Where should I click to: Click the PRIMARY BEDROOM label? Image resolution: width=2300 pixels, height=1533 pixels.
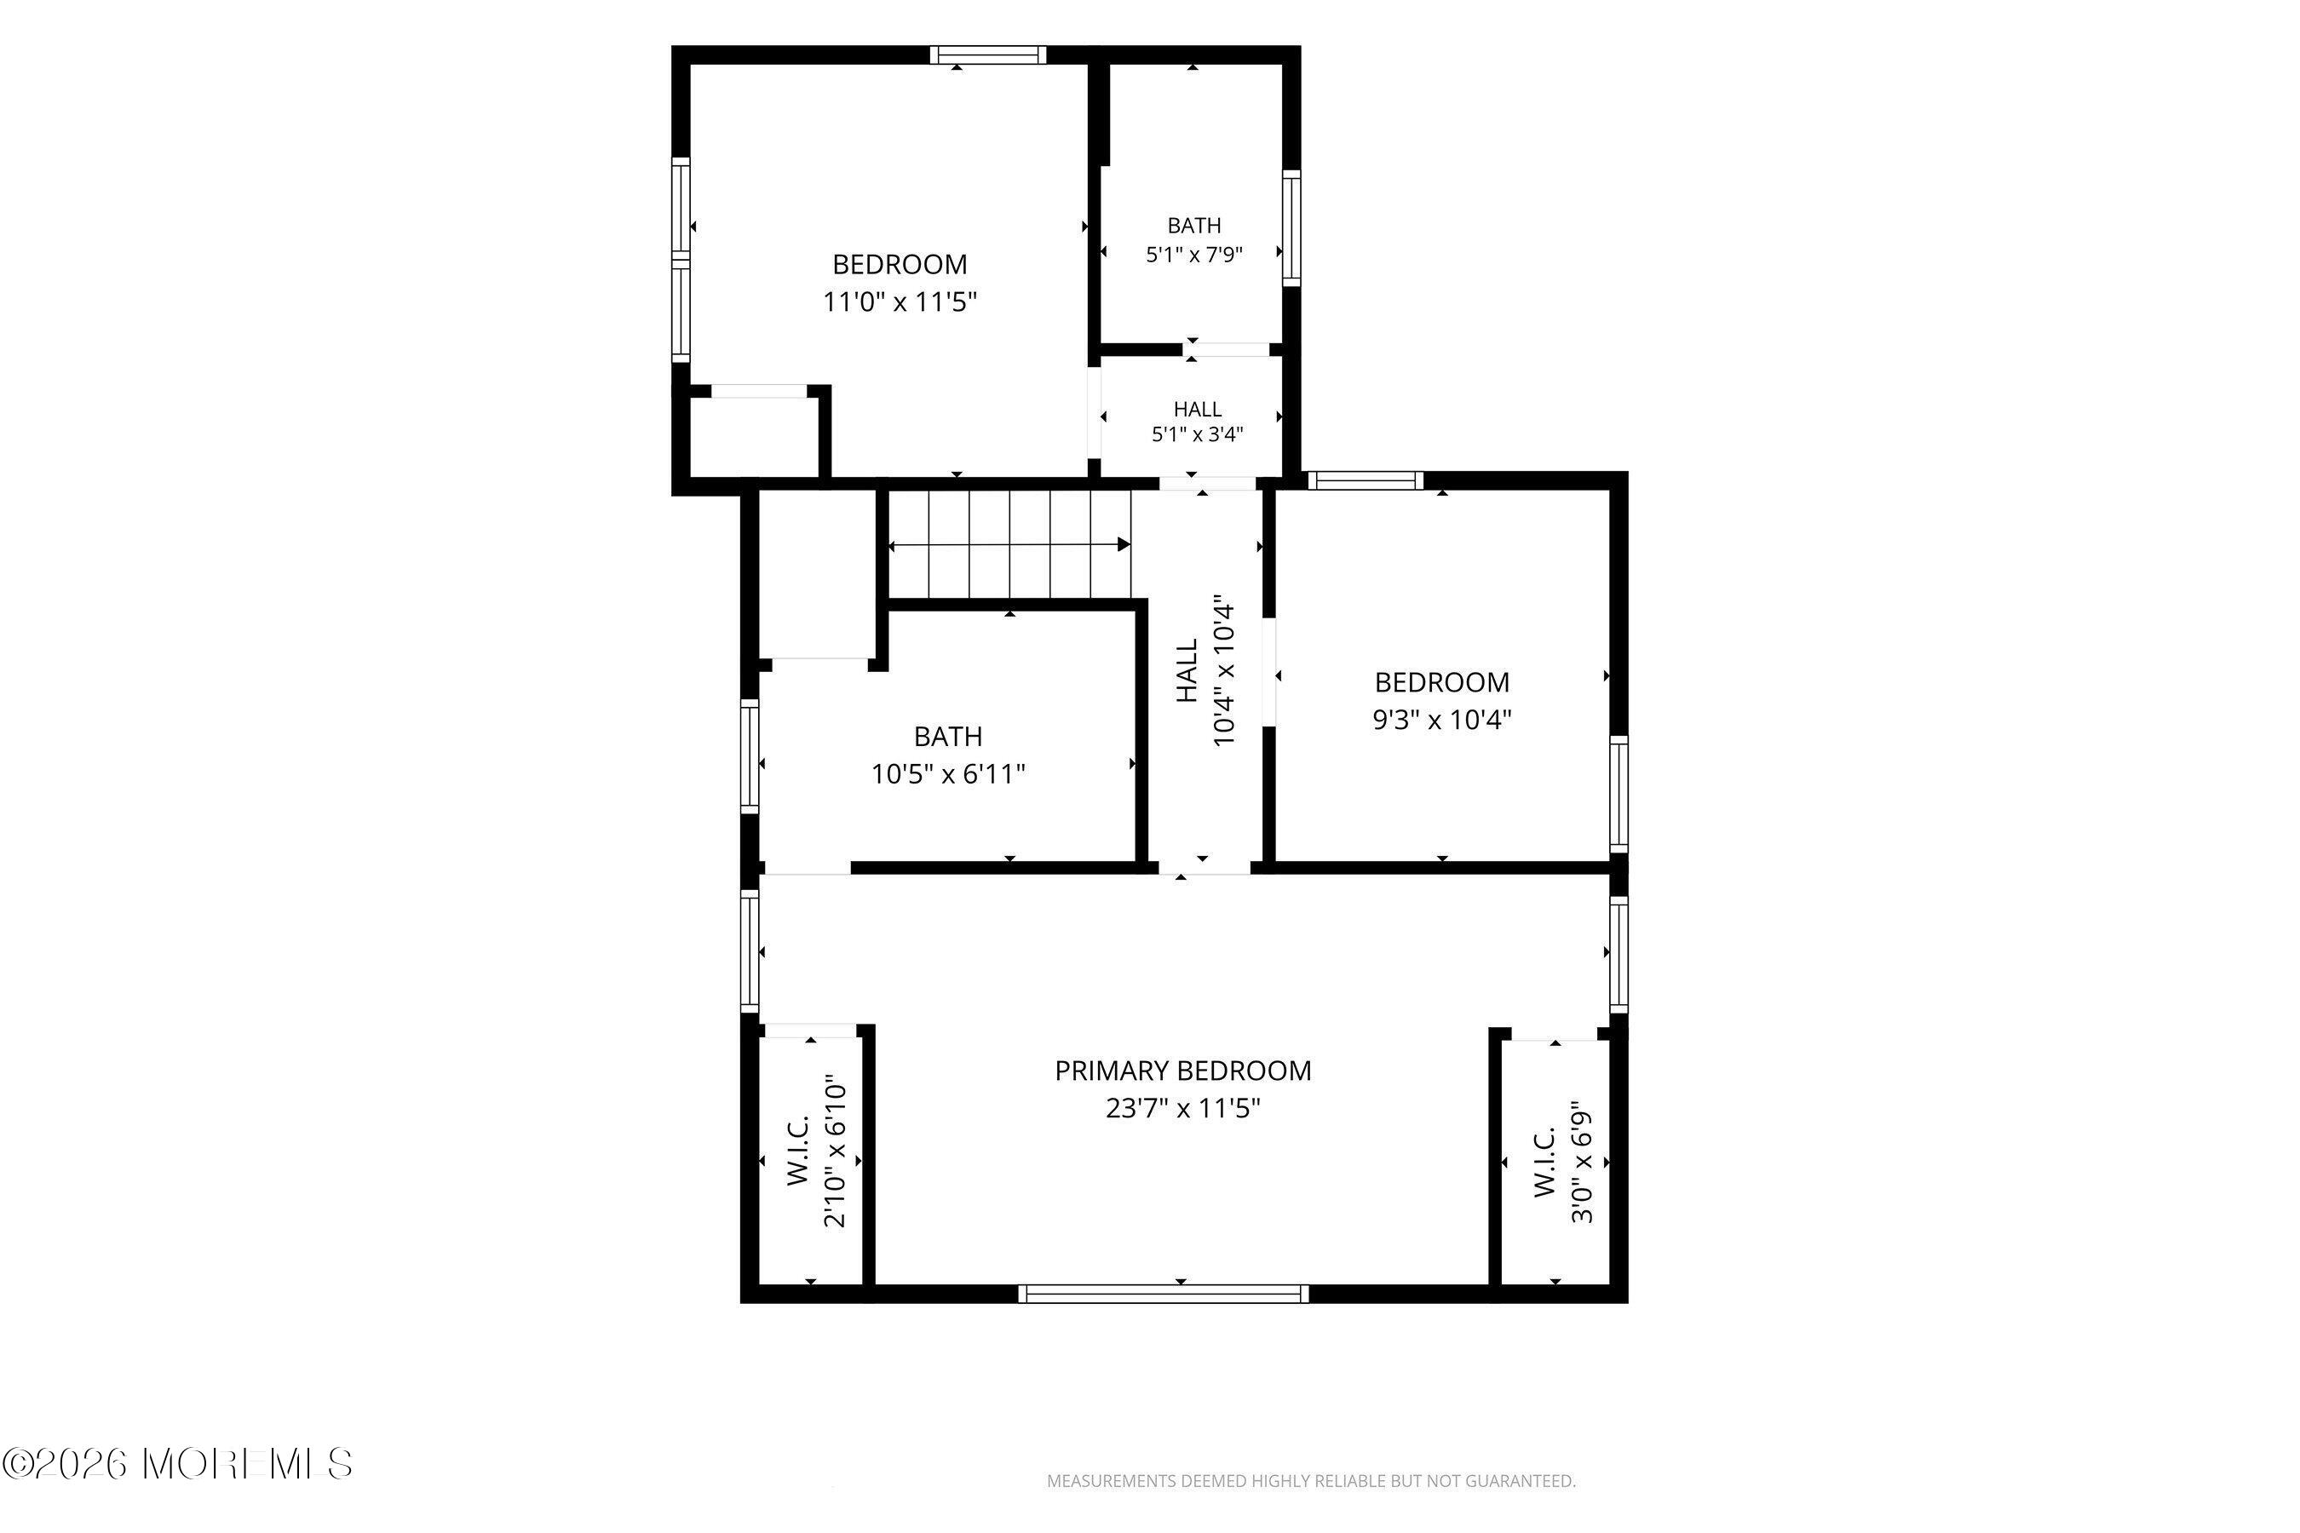[1182, 1071]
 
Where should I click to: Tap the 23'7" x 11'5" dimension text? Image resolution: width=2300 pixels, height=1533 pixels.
[1182, 1109]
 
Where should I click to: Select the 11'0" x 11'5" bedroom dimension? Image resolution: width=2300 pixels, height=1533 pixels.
[900, 302]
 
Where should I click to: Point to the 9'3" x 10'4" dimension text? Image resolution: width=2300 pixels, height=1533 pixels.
[1442, 720]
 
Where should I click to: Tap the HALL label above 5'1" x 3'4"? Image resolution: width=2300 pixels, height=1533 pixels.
[1197, 410]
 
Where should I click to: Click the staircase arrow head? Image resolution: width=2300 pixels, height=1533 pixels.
[1124, 544]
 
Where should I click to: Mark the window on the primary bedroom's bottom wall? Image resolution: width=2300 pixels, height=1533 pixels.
[1163, 1294]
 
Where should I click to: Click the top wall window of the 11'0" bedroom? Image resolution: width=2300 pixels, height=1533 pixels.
[987, 55]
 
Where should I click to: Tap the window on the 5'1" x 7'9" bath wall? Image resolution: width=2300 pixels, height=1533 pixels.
[1291, 227]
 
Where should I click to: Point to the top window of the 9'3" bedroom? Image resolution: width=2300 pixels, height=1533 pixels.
[1366, 480]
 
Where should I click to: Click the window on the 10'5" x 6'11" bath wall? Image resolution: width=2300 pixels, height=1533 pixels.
[750, 755]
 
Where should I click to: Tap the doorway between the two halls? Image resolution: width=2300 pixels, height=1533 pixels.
[1208, 483]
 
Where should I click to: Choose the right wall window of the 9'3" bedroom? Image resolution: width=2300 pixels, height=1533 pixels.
[1619, 794]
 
